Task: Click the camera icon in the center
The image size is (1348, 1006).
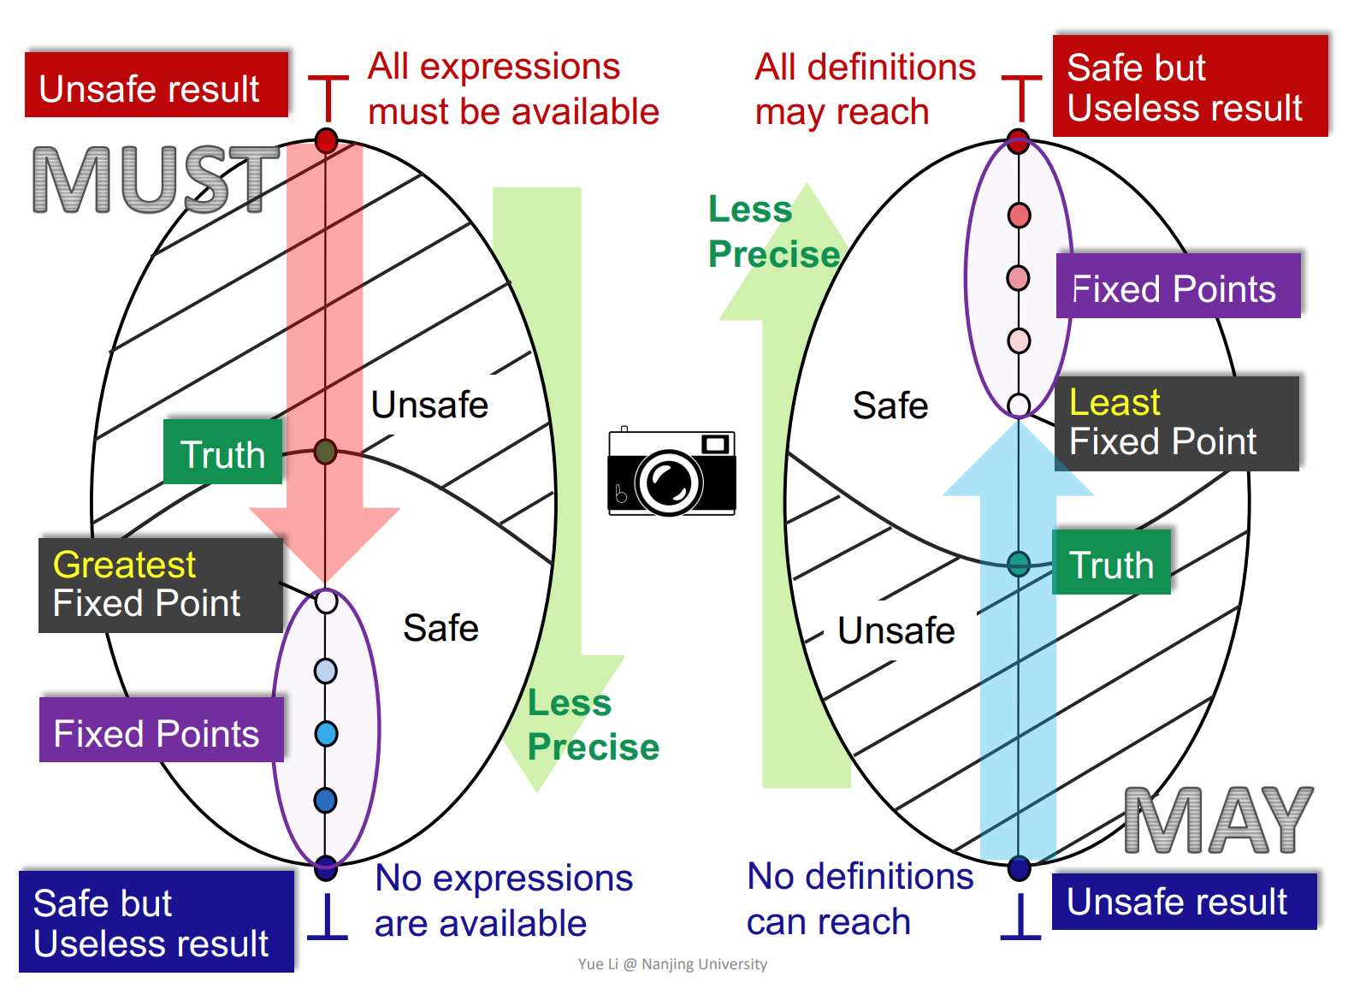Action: tap(671, 472)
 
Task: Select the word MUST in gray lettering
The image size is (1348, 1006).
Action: tap(157, 180)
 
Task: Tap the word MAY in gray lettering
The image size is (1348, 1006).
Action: tap(1218, 821)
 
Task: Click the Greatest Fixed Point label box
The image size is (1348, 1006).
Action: tap(161, 585)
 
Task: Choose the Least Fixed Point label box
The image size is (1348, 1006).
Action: tap(1176, 423)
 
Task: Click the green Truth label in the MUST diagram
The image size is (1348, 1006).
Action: tap(222, 453)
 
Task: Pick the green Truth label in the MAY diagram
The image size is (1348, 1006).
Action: tap(1111, 563)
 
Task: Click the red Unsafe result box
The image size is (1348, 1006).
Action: tap(157, 86)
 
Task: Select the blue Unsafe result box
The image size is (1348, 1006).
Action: tap(1184, 902)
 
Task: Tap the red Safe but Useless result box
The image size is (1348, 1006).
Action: tap(1190, 86)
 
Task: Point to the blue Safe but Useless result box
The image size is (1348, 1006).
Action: tap(157, 922)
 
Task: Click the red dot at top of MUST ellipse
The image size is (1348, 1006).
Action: tap(326, 140)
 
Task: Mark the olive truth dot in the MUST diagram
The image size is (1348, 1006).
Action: tap(325, 451)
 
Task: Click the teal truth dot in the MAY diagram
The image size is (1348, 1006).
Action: tap(1019, 564)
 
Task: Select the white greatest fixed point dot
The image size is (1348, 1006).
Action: tap(326, 601)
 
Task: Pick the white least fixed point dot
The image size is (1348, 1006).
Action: tap(1019, 405)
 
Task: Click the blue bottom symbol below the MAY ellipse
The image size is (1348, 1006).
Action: tap(1020, 919)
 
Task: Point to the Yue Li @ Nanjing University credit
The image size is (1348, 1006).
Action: tap(672, 964)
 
